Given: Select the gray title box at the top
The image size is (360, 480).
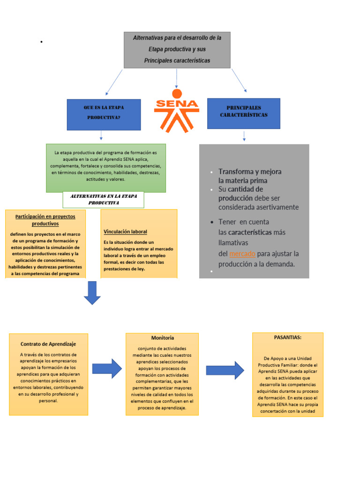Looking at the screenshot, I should (177, 50).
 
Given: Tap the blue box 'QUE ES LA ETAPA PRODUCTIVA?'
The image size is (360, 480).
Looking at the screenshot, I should (104, 114).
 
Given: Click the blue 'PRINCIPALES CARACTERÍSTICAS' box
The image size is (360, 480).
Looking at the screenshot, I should (243, 113).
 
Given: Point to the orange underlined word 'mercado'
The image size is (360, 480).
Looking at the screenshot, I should (242, 254).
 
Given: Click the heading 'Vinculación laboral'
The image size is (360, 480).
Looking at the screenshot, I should (125, 232).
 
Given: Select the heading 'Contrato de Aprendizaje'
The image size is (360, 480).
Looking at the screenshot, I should (48, 344).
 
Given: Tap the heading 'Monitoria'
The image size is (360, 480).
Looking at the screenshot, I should (162, 337).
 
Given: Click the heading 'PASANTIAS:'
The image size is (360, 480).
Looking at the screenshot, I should (287, 337).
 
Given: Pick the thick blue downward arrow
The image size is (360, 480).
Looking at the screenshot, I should (92, 292).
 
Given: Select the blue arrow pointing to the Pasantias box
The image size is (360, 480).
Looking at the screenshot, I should (225, 370).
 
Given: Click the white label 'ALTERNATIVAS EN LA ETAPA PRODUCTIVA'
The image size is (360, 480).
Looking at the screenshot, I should (103, 199).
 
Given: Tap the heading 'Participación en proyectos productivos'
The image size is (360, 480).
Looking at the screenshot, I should (45, 220).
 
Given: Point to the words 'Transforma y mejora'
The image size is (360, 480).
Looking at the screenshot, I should (249, 172).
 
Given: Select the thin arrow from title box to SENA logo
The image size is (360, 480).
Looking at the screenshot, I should (177, 78).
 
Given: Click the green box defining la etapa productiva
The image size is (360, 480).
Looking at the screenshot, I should (106, 168).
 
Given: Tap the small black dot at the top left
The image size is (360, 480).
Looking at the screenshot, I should (42, 42).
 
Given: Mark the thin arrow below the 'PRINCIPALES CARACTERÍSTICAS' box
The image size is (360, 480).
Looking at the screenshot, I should (244, 136).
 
